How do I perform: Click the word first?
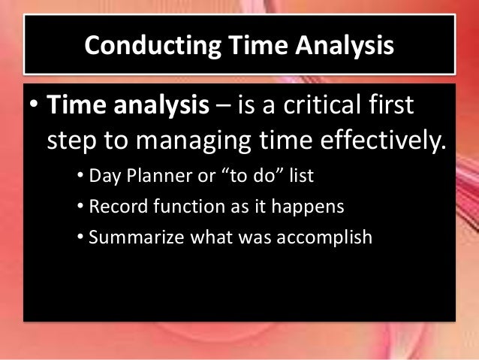click(393, 107)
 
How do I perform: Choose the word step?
click(71, 141)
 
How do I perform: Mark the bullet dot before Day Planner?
click(80, 178)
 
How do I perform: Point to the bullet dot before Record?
click(80, 208)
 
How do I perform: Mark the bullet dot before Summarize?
click(80, 238)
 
